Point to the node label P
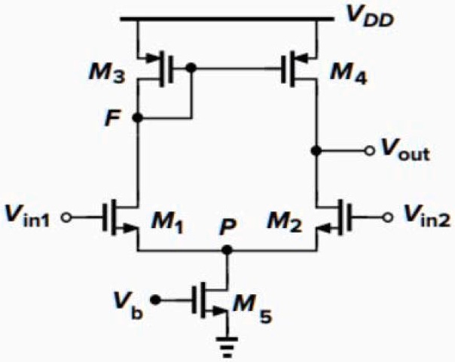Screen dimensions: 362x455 (225, 228)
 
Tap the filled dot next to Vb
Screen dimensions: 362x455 (156, 300)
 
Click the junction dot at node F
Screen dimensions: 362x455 (137, 118)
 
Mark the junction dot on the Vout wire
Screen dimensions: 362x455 (317, 151)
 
